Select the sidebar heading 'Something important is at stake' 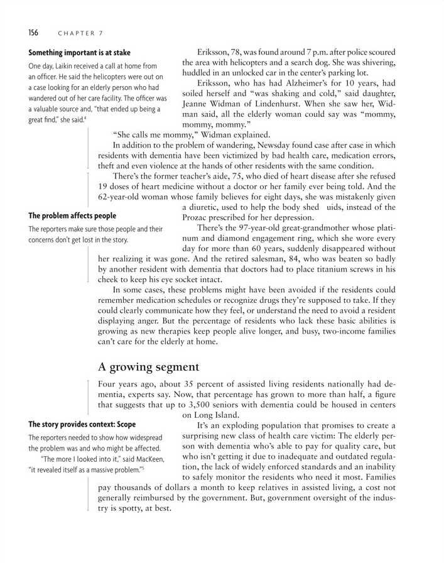pos(79,53)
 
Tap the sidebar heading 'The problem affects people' pos(72,216)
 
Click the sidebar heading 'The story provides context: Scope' pos(82,424)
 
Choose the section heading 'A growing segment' pos(149,366)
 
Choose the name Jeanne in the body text pos(197,104)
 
